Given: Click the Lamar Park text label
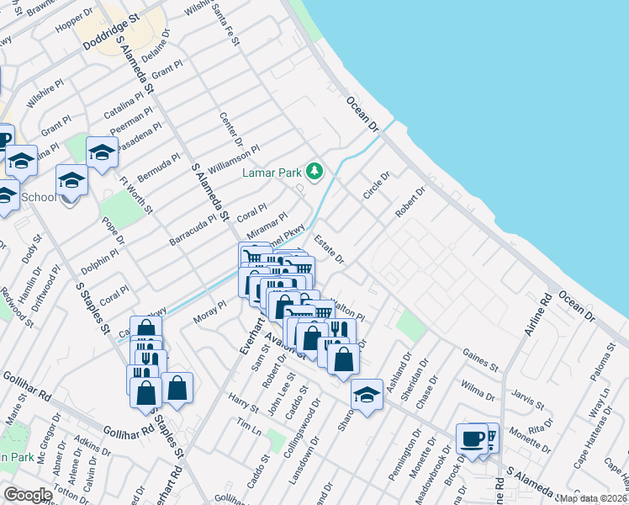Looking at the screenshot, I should (x=272, y=173).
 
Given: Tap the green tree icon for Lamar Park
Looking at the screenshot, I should (x=314, y=172).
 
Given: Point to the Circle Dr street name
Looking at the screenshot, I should (x=377, y=186).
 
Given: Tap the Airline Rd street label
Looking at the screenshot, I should (x=536, y=315).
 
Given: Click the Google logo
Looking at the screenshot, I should (x=28, y=495).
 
